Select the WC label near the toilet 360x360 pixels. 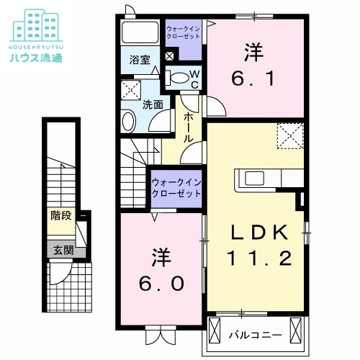[x=192, y=78]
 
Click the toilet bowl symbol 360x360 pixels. [x=177, y=77]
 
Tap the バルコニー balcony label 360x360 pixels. [x=253, y=334]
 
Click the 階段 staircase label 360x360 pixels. [x=61, y=215]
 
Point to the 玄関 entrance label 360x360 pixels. [x=61, y=251]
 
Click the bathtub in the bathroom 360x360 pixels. [x=139, y=32]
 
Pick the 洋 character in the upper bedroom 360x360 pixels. [x=252, y=52]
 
